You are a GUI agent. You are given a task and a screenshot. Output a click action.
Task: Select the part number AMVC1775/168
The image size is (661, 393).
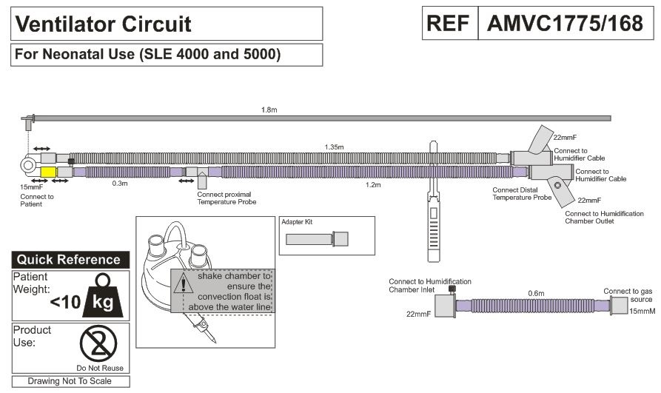(564, 24)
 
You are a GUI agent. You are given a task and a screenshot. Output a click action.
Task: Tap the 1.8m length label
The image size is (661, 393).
(270, 110)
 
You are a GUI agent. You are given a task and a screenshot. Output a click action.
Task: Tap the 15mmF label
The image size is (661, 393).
(32, 188)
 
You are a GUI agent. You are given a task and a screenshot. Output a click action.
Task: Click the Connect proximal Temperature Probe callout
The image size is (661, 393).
(227, 198)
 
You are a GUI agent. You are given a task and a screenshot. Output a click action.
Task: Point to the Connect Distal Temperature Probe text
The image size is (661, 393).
(523, 193)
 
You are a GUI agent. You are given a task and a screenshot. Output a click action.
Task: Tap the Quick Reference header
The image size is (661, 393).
(69, 260)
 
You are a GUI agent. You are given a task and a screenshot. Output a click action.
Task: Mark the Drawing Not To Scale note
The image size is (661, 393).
(70, 381)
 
